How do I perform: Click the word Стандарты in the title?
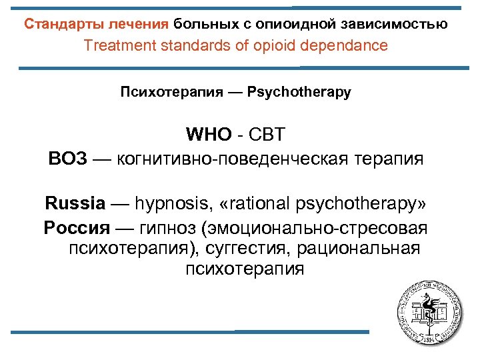[x=57, y=25]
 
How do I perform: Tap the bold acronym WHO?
[x=207, y=135]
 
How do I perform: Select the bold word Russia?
[x=75, y=203]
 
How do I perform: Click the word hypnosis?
[x=167, y=203]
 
